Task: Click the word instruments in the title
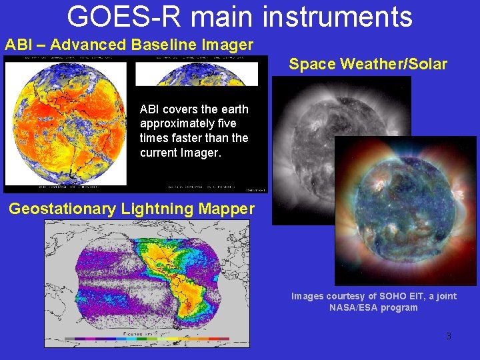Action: [337, 16]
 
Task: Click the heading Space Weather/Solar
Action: [368, 65]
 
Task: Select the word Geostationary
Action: [62, 209]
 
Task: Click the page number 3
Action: [448, 336]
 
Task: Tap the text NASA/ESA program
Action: [373, 307]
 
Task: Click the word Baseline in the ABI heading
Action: [161, 45]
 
